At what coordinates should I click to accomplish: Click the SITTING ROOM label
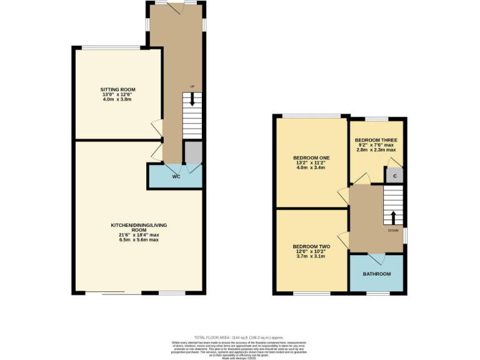[x=117, y=89]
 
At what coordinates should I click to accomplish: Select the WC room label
[x=176, y=176]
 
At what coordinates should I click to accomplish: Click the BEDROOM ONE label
[x=311, y=157]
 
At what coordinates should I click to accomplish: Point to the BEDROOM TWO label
[x=311, y=247]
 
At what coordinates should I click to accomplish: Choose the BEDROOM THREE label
[x=376, y=139]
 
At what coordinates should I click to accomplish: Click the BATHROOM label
[x=377, y=274]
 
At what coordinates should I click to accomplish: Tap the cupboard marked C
[x=394, y=176]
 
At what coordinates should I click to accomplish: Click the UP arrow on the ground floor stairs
[x=192, y=98]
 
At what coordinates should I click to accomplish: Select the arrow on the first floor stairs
[x=393, y=217]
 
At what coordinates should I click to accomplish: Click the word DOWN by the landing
[x=393, y=230]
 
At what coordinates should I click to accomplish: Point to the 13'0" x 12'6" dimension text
[x=117, y=94]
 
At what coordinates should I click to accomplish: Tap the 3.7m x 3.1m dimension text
[x=311, y=256]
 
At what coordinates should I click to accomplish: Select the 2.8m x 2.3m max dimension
[x=376, y=150]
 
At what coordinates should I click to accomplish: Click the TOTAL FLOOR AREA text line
[x=239, y=336]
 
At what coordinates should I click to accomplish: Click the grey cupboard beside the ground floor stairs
[x=193, y=151]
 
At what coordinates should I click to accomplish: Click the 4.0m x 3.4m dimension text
[x=311, y=167]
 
